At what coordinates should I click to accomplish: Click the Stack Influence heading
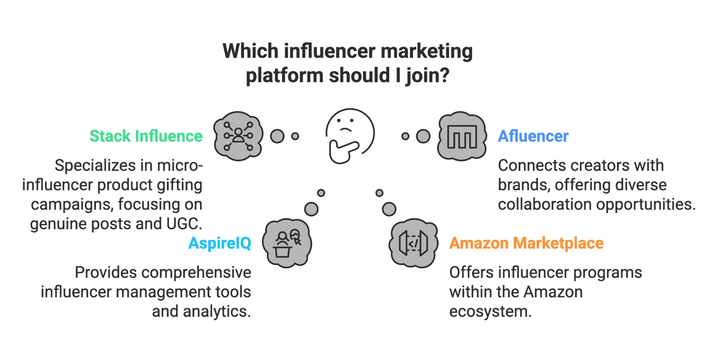point(146,136)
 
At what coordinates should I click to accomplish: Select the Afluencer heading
point(533,136)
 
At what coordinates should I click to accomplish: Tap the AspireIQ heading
point(220,243)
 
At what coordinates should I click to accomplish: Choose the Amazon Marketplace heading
point(526,243)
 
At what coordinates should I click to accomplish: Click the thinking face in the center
point(349,135)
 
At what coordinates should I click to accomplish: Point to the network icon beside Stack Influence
point(238,136)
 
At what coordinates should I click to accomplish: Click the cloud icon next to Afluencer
point(462,136)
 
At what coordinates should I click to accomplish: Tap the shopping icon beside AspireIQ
point(287,243)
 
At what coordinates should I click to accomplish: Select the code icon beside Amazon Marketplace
point(413,243)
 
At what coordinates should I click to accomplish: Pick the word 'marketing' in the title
point(426,51)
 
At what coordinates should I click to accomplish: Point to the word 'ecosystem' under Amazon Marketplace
point(490,311)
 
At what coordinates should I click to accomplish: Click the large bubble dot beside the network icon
point(277,136)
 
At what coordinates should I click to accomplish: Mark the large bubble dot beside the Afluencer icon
point(423,136)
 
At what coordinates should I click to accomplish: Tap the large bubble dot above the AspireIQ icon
point(311,209)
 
